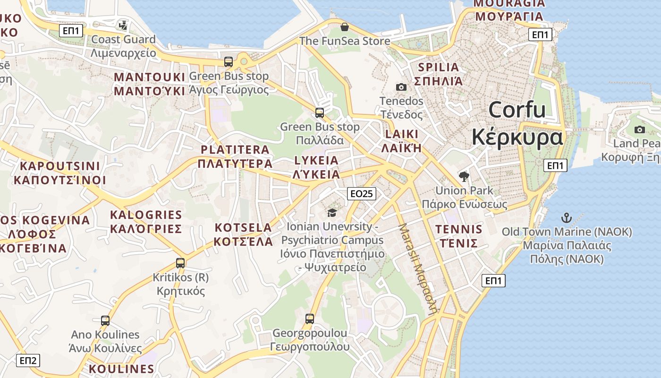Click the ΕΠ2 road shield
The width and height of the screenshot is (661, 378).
[x=28, y=361]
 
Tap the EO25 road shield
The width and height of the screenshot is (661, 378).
[x=362, y=193]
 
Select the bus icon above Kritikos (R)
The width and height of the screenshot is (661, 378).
[x=180, y=263]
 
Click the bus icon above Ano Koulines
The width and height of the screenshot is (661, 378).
[x=105, y=321]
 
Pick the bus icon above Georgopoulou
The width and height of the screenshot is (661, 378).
[x=310, y=319]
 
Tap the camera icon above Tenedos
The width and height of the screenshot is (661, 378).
[x=401, y=87]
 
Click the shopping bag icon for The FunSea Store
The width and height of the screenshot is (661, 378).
[x=345, y=27]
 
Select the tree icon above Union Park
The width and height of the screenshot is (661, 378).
[x=464, y=177]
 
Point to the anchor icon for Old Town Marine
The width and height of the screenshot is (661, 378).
[x=566, y=218]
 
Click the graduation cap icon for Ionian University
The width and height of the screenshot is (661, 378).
[x=332, y=213]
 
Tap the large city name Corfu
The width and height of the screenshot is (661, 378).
[x=517, y=110]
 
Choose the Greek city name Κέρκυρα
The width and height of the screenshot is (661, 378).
[x=517, y=137]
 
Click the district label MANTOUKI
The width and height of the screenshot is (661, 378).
[x=149, y=77]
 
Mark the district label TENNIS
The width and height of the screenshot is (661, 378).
[x=458, y=230]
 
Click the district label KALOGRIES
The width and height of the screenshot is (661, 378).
[x=146, y=215]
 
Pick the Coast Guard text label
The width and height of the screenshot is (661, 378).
[x=123, y=39]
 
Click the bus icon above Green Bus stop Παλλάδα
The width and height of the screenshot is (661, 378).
[x=320, y=113]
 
